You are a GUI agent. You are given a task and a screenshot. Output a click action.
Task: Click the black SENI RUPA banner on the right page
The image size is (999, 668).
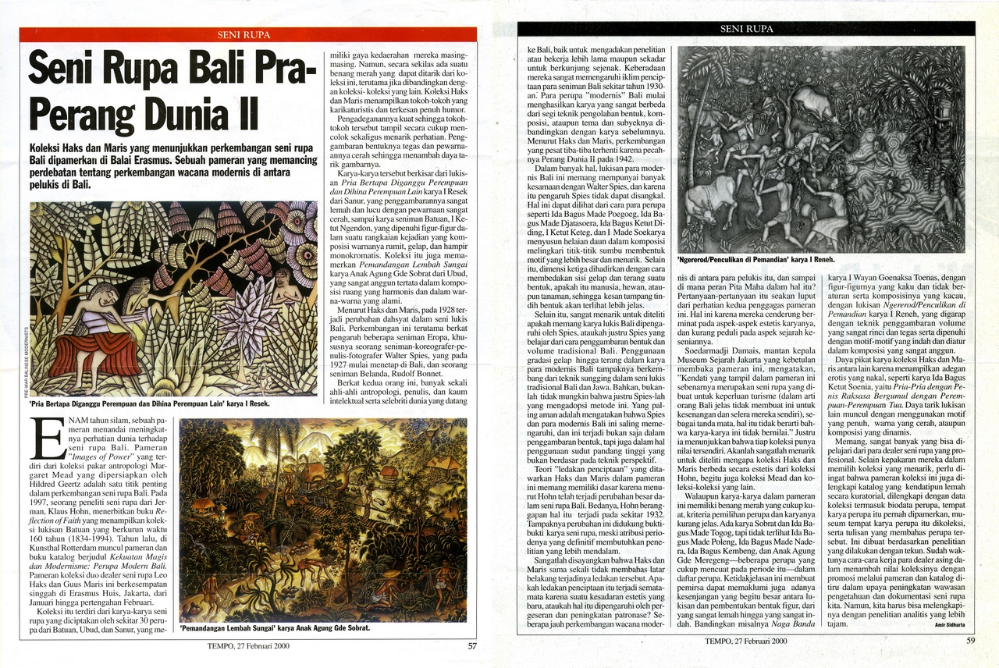pyautogui.click(x=747, y=28)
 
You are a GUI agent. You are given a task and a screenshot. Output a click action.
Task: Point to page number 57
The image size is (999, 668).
pyautogui.click(x=472, y=645)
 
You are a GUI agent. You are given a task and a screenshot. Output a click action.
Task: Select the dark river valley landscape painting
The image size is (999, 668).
pyautogui.click(x=323, y=519)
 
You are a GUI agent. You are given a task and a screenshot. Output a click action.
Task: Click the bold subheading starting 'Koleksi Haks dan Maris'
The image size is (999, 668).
pyautogui.click(x=173, y=166)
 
